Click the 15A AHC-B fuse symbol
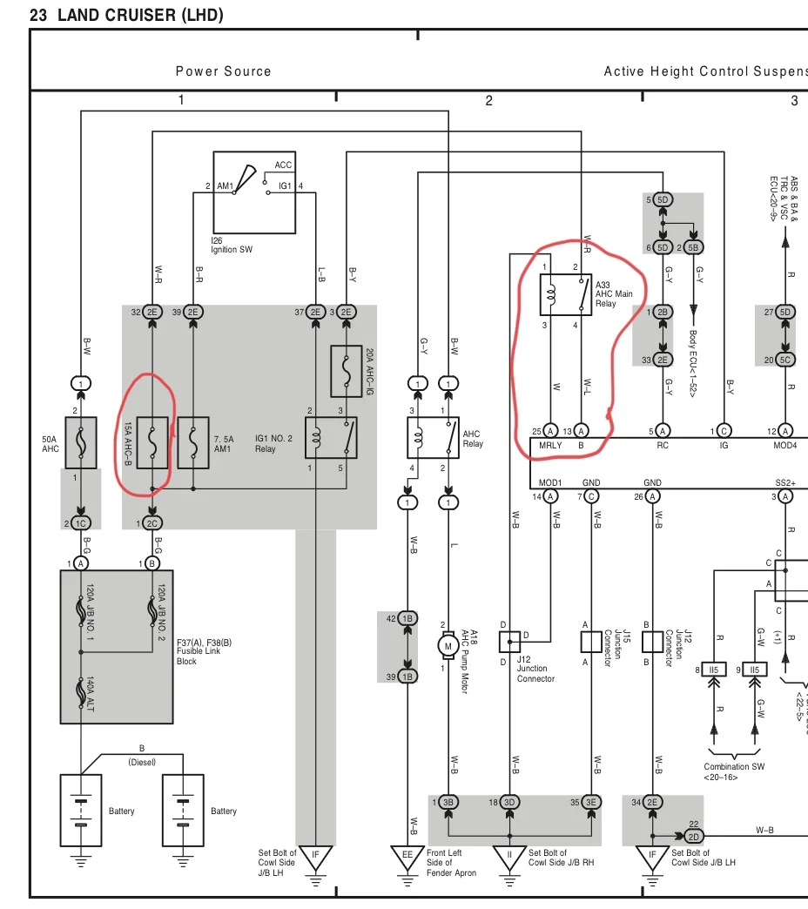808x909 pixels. pyautogui.click(x=152, y=442)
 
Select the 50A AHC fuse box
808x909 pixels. pyautogui.click(x=81, y=442)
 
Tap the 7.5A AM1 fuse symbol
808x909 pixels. pyautogui.click(x=193, y=442)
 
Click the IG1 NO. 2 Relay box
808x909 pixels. pyautogui.click(x=331, y=438)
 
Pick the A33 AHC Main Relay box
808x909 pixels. pyautogui.click(x=565, y=295)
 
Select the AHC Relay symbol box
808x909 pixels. pyautogui.click(x=433, y=438)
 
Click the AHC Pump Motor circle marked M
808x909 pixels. pyautogui.click(x=448, y=645)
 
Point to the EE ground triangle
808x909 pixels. pyautogui.click(x=407, y=856)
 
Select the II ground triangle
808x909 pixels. pyautogui.click(x=509, y=856)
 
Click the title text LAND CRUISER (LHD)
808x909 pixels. pyautogui.click(x=140, y=16)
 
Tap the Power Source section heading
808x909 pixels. pyautogui.click(x=224, y=71)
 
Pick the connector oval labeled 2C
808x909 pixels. pyautogui.click(x=152, y=523)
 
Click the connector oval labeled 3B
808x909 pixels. pyautogui.click(x=448, y=802)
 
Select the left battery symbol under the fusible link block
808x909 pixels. pyautogui.click(x=81, y=811)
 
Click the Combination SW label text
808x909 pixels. pyautogui.click(x=734, y=767)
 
